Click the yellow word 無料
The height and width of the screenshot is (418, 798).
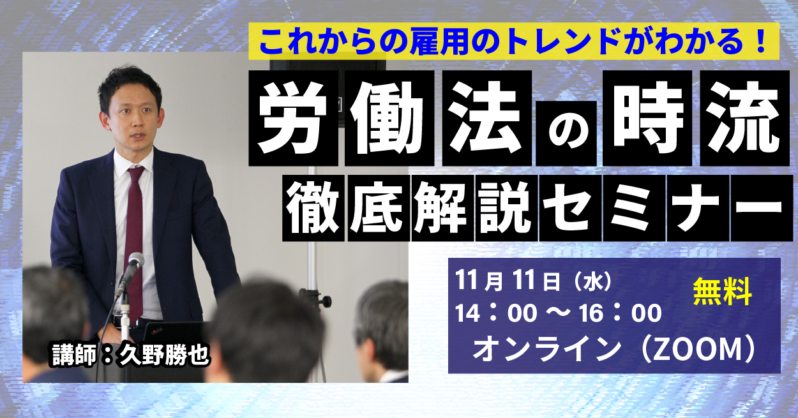[722, 292]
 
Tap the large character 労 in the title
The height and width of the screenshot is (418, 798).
[293, 118]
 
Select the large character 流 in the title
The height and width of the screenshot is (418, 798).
[744, 118]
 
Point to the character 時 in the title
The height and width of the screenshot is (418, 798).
[647, 118]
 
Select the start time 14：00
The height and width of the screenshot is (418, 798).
[496, 314]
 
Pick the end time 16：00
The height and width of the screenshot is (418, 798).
[620, 314]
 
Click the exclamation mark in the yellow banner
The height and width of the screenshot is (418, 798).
[760, 41]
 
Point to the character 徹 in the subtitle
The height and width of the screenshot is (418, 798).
[313, 208]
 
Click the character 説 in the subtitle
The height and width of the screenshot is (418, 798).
[506, 208]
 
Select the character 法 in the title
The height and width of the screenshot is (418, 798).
[486, 118]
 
